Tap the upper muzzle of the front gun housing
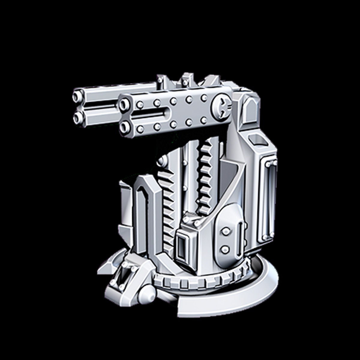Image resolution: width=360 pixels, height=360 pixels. (x=124, y=105)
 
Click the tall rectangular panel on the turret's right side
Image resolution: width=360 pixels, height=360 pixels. (x=269, y=198)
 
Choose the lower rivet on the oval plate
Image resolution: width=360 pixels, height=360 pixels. (x=225, y=248)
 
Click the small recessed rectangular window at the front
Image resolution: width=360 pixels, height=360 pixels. (x=181, y=247)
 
